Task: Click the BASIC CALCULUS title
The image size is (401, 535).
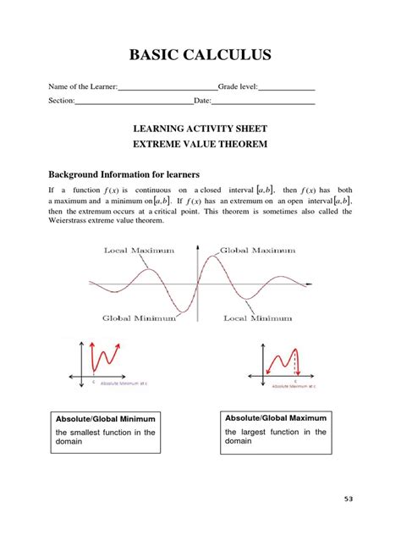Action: (x=200, y=56)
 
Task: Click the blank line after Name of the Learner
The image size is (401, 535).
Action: (x=168, y=88)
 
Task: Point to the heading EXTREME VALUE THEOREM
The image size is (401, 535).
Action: (x=200, y=144)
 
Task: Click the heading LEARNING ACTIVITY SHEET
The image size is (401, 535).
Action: (x=200, y=129)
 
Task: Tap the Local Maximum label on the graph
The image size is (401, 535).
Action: (x=139, y=251)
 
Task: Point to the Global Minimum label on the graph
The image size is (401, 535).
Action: (x=139, y=318)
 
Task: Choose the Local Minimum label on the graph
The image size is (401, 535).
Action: (x=257, y=318)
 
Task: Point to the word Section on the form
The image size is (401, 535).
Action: (x=61, y=102)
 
